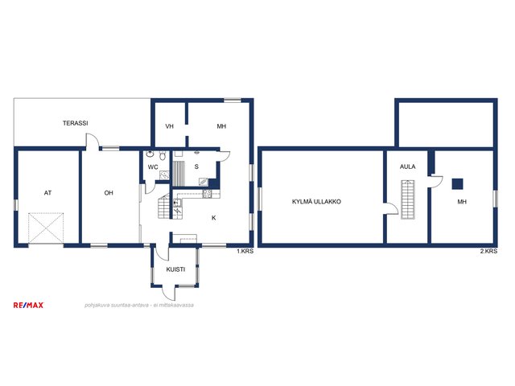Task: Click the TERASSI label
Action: point(75,123)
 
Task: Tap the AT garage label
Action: point(47,193)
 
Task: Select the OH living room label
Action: point(109,193)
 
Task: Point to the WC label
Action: point(153,167)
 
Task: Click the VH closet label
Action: point(169,126)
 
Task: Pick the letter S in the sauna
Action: point(196,166)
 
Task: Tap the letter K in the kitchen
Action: point(214,218)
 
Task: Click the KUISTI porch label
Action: point(175,269)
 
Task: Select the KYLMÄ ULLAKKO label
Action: point(316,202)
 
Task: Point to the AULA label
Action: point(407,166)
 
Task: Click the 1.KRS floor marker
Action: point(245,251)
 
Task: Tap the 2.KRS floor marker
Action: point(488,251)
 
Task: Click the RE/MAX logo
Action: point(28,306)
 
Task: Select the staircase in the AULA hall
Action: point(407,199)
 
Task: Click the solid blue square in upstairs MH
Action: point(457,184)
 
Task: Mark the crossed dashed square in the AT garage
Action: point(46,228)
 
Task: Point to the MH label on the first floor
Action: point(221,126)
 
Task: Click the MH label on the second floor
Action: point(462,202)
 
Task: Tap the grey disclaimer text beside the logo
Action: point(139,306)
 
